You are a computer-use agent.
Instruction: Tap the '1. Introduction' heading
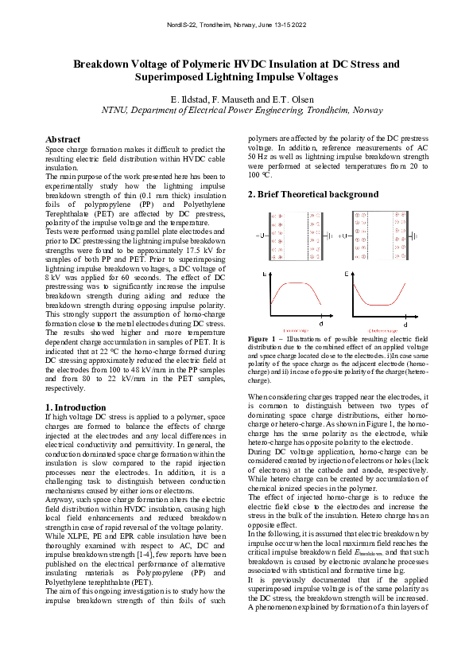coord(79,407)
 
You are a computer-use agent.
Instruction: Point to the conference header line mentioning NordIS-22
coord(236,27)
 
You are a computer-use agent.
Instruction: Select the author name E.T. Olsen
coord(279,99)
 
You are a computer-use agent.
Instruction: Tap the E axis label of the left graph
coord(265,275)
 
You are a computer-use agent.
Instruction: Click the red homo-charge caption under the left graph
coord(295,331)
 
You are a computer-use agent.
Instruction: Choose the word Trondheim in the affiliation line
coord(327,111)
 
